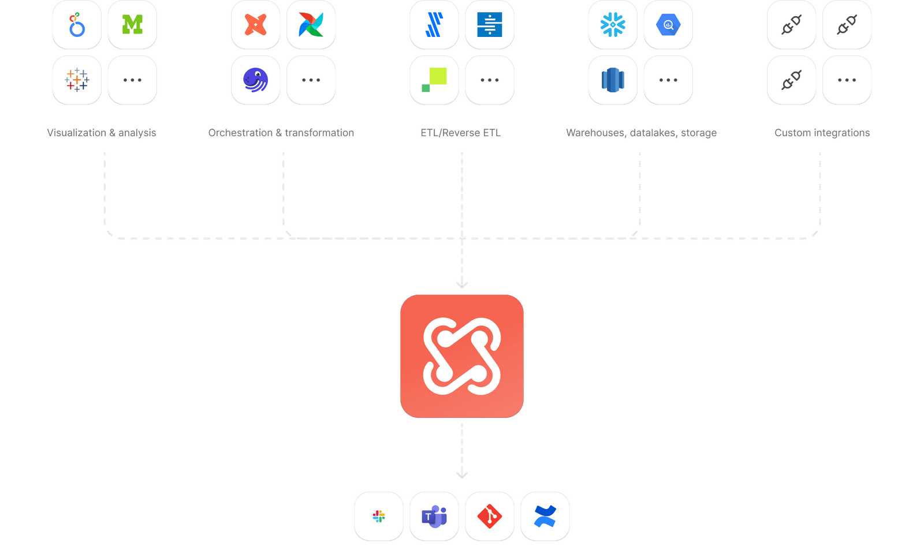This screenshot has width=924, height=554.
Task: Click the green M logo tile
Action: [132, 24]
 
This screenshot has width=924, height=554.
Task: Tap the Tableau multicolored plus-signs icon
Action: [77, 80]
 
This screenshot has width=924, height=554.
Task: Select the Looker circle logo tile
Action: [77, 24]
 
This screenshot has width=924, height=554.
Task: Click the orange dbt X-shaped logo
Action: [255, 24]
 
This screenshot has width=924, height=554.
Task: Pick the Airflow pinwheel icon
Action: [311, 24]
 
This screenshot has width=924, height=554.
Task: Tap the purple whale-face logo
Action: [255, 80]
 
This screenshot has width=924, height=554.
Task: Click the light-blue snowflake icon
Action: [613, 24]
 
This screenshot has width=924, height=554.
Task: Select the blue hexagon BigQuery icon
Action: [668, 24]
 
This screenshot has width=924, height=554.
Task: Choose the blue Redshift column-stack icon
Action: [613, 80]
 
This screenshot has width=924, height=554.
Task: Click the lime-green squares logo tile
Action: [434, 80]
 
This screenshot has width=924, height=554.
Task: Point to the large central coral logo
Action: [462, 355]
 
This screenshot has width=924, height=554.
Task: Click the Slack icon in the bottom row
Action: [379, 516]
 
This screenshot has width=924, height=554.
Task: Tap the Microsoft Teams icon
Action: [434, 516]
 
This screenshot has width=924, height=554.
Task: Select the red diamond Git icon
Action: [490, 516]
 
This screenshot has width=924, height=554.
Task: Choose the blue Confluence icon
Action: [545, 516]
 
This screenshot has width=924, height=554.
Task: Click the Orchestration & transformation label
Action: [281, 133]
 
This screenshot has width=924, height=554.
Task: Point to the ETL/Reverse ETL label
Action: [461, 133]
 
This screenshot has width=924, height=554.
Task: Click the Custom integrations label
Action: [822, 133]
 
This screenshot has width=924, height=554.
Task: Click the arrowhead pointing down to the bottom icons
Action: [462, 475]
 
